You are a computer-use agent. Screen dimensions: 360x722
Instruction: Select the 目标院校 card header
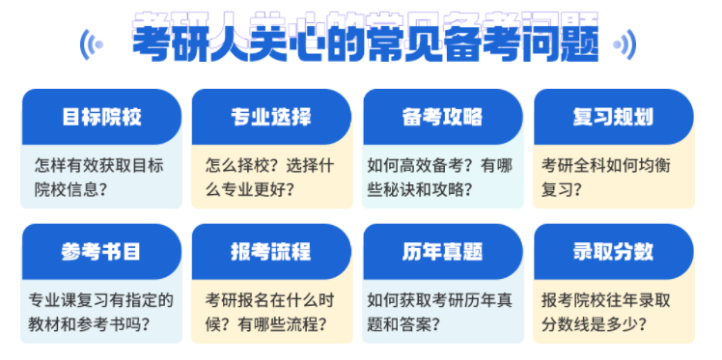coord(101,118)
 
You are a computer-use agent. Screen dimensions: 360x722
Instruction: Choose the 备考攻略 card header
coord(442,118)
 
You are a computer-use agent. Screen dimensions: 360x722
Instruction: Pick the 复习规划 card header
coord(613,118)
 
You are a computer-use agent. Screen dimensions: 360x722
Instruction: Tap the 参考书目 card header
coord(101,252)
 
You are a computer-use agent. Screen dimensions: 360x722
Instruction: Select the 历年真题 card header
coord(442,252)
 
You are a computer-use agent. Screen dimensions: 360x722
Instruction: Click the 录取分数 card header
coord(613,252)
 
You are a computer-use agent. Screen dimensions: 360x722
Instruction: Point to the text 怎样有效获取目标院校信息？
coord(98,175)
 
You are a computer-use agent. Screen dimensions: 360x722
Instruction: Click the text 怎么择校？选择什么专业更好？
coord(269,175)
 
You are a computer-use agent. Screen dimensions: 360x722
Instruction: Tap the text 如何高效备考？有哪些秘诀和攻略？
coord(440,175)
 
